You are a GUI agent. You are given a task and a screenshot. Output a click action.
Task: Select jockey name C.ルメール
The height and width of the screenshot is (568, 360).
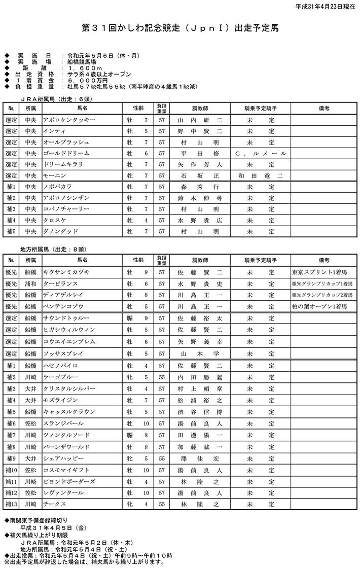261,153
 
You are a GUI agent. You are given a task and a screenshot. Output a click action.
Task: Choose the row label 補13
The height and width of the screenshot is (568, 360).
11,505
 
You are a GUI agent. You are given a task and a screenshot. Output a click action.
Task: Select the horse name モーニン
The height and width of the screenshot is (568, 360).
54,175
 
